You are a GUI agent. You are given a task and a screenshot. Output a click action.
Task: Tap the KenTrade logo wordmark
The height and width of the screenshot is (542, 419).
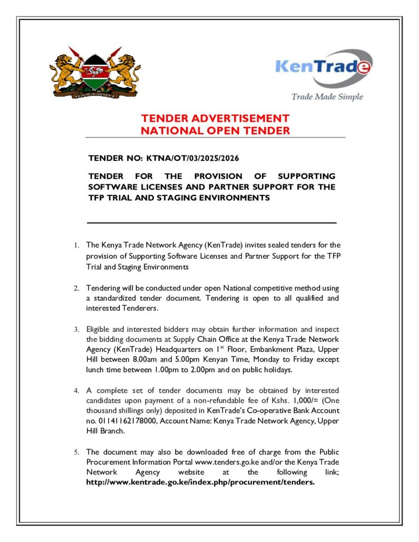[x=323, y=68]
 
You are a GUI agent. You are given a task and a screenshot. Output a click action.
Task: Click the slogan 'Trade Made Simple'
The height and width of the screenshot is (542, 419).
[x=327, y=96]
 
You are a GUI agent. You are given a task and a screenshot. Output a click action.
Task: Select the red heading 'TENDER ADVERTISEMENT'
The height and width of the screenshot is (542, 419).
[x=215, y=119]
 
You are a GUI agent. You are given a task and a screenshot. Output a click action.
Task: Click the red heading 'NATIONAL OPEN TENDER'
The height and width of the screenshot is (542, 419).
[x=215, y=130]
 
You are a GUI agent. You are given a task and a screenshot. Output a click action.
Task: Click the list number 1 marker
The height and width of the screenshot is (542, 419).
[x=76, y=245]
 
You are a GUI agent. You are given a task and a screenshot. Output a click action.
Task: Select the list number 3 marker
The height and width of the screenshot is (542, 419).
[x=76, y=329]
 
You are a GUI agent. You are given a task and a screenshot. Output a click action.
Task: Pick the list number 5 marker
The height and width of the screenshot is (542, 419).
[x=76, y=452]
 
